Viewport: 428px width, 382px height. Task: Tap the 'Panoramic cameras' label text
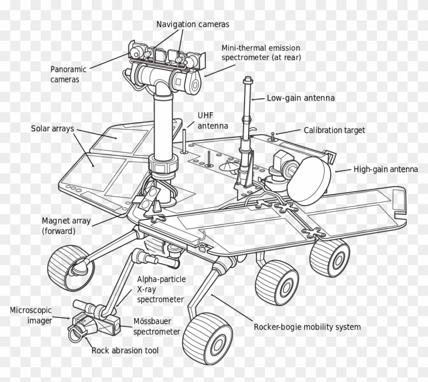(68, 74)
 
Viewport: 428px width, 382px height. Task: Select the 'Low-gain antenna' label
(301, 98)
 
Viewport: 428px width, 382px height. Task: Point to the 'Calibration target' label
(334, 130)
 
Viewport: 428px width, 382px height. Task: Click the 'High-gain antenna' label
(385, 169)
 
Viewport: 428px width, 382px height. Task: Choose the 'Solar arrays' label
(53, 128)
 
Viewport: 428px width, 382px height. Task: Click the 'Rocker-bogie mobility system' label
(307, 326)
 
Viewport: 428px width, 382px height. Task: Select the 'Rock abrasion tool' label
(125, 350)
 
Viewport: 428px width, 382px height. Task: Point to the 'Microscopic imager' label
(31, 315)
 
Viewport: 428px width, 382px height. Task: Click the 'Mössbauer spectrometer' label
(157, 326)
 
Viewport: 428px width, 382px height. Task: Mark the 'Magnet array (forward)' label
(66, 226)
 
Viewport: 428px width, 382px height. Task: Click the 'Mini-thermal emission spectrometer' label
(261, 53)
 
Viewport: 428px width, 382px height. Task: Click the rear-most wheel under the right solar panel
(330, 257)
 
